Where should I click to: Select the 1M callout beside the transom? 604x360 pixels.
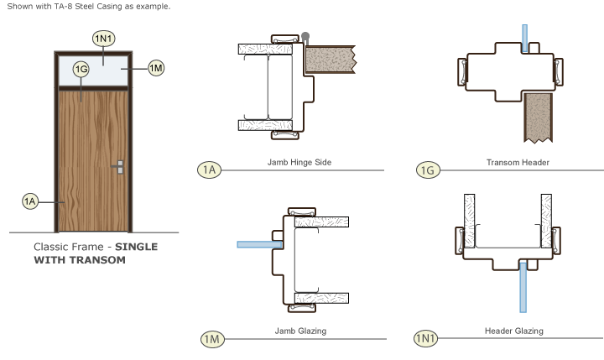click(156, 68)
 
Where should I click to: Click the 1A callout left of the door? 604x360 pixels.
click(31, 201)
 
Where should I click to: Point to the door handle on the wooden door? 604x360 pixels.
click(121, 167)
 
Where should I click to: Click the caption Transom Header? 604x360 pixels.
click(518, 162)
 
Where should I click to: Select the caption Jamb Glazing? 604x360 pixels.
click(300, 331)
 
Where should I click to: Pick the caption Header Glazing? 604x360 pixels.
click(514, 331)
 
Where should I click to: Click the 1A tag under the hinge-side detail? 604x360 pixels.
click(209, 170)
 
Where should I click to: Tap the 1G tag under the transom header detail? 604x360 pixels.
click(428, 170)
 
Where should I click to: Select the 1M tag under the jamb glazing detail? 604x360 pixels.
click(211, 339)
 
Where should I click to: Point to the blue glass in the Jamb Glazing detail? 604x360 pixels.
click(261, 245)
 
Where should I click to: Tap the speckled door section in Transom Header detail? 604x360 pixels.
click(536, 117)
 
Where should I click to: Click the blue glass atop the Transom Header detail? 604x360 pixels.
click(524, 38)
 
